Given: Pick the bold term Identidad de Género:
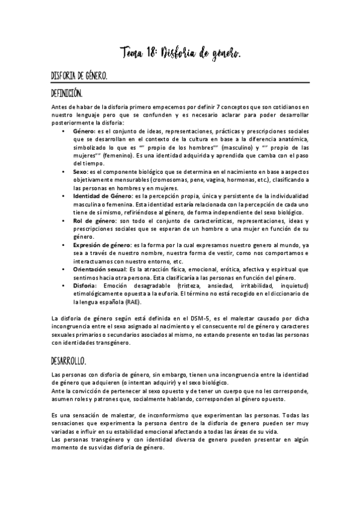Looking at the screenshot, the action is [103, 196].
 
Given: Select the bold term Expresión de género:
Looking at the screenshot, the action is [100, 245].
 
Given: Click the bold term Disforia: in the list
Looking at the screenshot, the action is [87, 286].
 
